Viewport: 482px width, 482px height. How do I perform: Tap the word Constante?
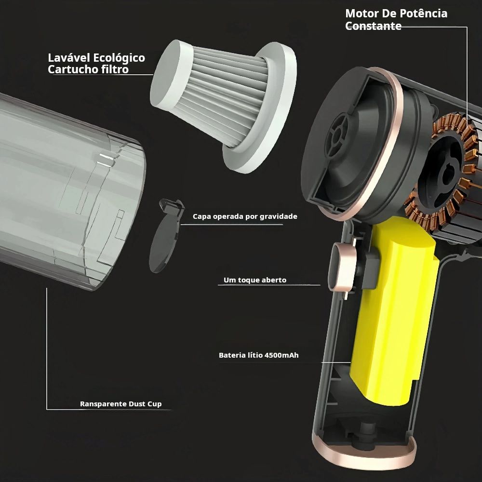click(373, 26)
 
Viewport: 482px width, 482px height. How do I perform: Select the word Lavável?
click(68, 58)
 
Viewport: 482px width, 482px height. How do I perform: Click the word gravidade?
click(278, 217)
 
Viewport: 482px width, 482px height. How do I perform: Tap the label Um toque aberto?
click(255, 280)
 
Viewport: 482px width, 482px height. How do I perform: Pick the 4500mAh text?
click(281, 355)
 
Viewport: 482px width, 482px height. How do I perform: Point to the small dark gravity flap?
click(166, 235)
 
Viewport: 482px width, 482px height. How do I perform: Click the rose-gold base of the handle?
click(364, 455)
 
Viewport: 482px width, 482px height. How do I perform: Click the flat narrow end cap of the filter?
click(168, 74)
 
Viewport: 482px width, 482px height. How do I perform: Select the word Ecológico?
click(119, 58)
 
